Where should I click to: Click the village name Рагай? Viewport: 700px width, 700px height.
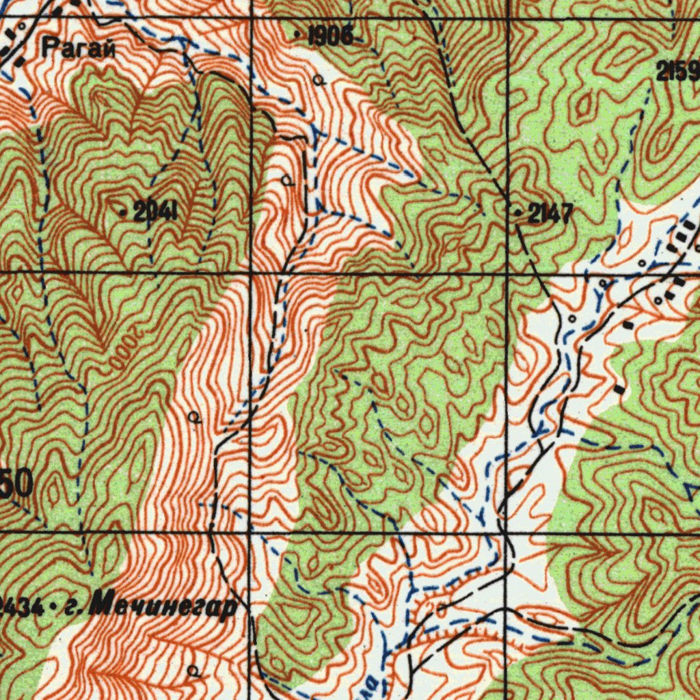[x=77, y=48]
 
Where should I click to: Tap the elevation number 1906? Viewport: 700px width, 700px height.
[x=330, y=36]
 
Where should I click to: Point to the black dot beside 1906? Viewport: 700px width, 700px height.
[x=297, y=33]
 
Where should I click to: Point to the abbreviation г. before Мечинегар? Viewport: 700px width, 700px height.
[x=70, y=606]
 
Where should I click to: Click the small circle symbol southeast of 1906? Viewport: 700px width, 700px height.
[x=318, y=80]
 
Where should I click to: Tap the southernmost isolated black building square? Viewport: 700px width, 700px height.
[x=619, y=390]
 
